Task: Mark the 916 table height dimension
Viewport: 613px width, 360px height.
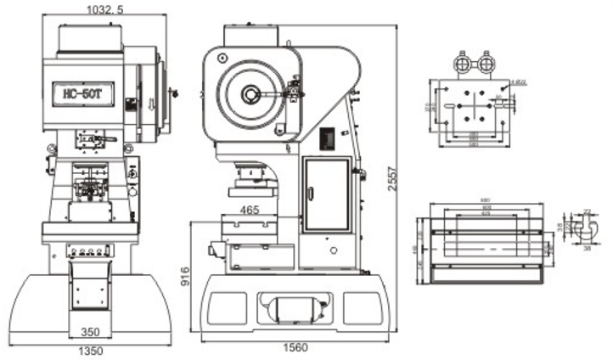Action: coord(186,275)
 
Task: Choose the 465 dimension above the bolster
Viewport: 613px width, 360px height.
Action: coord(250,210)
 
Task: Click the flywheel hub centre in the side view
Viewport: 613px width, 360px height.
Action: coord(251,94)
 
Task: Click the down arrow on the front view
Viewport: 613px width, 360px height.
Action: coord(150,104)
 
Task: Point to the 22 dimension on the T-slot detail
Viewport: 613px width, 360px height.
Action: coord(588,210)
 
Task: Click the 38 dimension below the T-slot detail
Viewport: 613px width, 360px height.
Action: coord(586,250)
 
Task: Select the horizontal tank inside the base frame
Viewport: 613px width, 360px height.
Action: coord(291,307)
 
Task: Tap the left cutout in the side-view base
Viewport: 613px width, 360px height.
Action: coord(227,307)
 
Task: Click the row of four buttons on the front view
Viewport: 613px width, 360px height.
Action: coord(89,251)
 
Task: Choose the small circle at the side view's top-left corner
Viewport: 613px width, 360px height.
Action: coord(222,57)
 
